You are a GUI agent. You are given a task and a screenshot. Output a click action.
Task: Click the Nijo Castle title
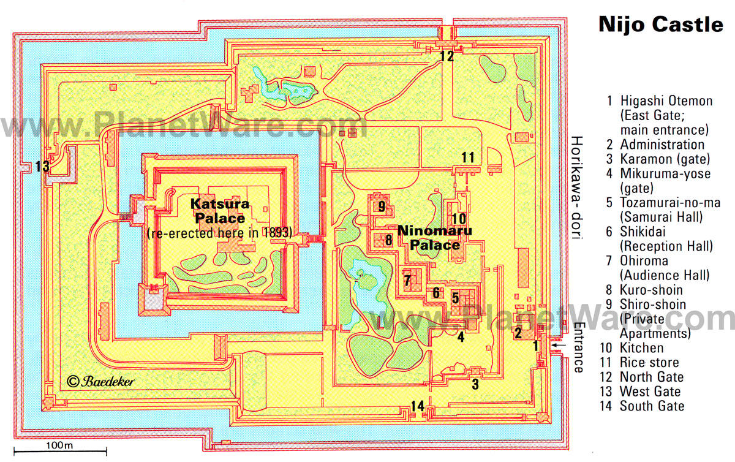[x=660, y=25]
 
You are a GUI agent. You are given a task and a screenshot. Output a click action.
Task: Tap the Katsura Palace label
[x=220, y=211]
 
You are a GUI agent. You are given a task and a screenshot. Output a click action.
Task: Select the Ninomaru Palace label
[x=435, y=238]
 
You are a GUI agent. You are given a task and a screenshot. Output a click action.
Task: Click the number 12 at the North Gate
[x=447, y=56]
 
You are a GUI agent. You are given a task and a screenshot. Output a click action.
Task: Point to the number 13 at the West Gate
[x=42, y=166]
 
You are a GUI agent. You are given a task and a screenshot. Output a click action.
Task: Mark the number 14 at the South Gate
[x=418, y=406]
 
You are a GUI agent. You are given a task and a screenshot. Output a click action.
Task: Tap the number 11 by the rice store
[x=468, y=157]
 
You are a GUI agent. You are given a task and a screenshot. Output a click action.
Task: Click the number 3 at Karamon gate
[x=475, y=384]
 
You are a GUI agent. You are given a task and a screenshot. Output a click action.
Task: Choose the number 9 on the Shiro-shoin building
[x=382, y=206]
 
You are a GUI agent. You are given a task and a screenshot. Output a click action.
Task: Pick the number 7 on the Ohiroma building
[x=407, y=281]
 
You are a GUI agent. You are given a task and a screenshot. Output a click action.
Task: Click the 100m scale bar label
[x=59, y=445]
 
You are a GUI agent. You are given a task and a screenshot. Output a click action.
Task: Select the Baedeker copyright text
[x=100, y=381]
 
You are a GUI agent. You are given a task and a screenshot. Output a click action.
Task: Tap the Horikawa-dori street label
[x=576, y=187]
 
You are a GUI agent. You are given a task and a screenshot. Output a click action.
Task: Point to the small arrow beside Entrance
[x=559, y=345]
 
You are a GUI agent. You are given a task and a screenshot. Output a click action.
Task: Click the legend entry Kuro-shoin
[x=651, y=290]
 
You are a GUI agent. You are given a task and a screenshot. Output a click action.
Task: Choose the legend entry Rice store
[x=649, y=363]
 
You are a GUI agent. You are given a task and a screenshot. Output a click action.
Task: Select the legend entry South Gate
[x=652, y=406]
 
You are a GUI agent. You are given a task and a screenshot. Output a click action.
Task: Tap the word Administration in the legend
[x=662, y=145]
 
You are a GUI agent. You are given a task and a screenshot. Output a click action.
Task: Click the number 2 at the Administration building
[x=518, y=333]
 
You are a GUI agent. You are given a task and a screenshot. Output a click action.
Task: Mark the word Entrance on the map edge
[x=578, y=347]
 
